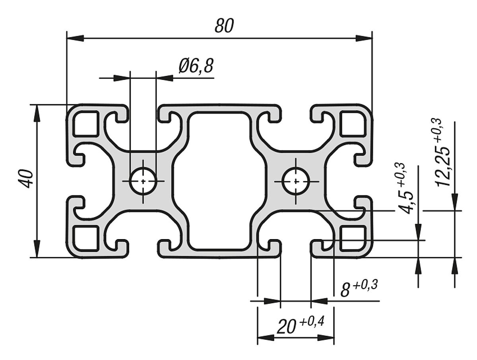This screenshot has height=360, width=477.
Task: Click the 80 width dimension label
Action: [x=224, y=26]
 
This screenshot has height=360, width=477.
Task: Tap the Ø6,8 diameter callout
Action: [x=196, y=66]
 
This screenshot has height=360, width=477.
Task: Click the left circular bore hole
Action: [x=143, y=181]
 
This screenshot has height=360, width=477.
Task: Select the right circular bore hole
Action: [x=296, y=181]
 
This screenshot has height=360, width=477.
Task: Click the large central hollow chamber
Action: [x=219, y=181]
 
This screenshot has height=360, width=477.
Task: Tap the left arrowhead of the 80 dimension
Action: [x=75, y=38]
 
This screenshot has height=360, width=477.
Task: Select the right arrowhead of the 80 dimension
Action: [x=364, y=38]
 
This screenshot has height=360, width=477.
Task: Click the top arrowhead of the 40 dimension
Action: [x=37, y=113]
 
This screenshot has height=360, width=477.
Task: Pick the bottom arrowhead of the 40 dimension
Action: [x=37, y=249]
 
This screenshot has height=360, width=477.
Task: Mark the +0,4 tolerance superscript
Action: [x=312, y=321]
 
